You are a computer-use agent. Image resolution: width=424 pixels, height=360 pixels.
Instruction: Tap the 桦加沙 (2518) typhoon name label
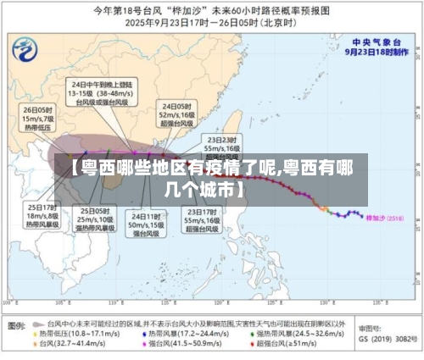[x=382, y=218]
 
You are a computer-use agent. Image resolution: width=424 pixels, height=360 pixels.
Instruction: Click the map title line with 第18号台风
[x=211, y=10]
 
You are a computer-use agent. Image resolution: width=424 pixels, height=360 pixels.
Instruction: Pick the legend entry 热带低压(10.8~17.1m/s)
[x=69, y=334]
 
